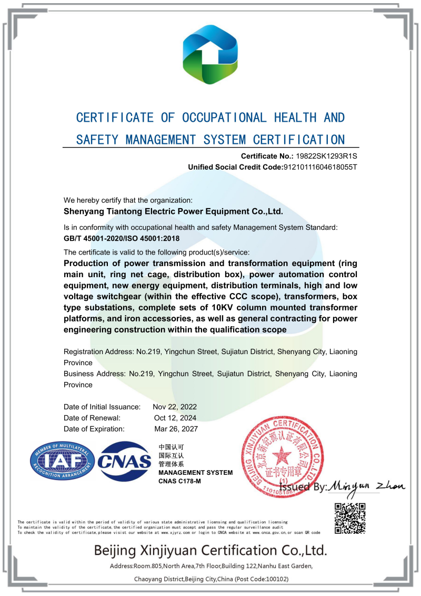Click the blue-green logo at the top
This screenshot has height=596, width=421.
point(210,54)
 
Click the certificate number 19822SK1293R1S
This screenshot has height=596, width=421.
point(327,156)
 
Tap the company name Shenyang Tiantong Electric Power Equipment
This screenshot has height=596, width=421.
point(173,212)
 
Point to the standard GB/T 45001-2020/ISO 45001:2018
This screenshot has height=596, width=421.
point(126,238)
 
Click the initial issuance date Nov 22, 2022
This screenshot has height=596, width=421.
point(175,407)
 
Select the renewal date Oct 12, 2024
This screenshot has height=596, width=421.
point(175,418)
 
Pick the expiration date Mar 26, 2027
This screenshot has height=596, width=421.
point(176,429)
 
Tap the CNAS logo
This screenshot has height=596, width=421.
point(125,461)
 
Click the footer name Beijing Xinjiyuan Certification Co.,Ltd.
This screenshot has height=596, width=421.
point(210,551)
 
